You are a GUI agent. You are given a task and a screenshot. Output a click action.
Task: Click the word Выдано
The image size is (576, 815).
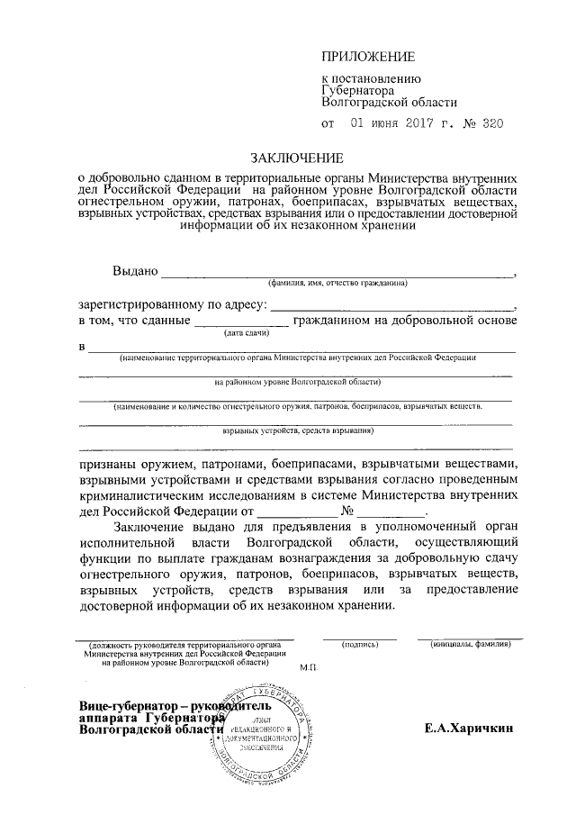tap(135, 271)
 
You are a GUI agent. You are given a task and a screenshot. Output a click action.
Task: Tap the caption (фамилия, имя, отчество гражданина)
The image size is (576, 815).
tap(337, 283)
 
